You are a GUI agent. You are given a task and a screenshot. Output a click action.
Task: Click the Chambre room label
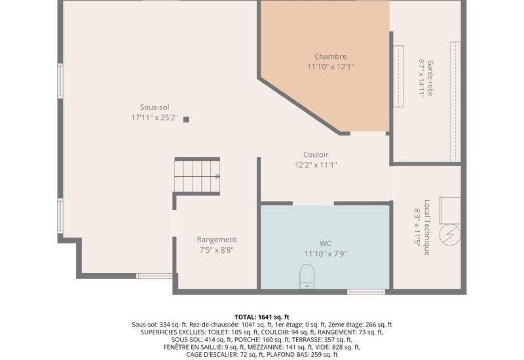click(330, 56)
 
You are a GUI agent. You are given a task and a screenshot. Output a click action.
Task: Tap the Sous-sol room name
click(155, 107)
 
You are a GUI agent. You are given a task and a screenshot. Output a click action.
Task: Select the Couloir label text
click(316, 154)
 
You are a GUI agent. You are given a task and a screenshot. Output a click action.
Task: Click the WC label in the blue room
click(326, 243)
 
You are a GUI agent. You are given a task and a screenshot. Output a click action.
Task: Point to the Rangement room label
click(217, 240)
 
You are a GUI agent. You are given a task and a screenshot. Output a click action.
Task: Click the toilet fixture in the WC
click(307, 276)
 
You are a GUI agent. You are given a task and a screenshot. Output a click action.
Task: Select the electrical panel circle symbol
click(450, 234)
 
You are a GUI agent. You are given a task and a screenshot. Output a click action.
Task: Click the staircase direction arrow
click(197, 176)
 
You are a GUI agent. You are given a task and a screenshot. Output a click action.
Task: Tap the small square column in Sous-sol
click(186, 120)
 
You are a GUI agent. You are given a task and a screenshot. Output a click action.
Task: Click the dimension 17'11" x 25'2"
click(155, 118)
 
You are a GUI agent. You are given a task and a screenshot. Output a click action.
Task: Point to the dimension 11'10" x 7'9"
click(326, 254)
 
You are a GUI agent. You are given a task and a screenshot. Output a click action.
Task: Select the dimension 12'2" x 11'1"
click(316, 165)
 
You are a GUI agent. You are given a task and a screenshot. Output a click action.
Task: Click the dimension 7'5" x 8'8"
click(217, 250)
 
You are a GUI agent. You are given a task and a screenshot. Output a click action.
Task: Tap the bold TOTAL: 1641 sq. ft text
click(261, 317)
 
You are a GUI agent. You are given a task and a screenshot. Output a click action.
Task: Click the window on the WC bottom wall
click(366, 292)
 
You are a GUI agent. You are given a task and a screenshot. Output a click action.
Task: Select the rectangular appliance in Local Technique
click(450, 210)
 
